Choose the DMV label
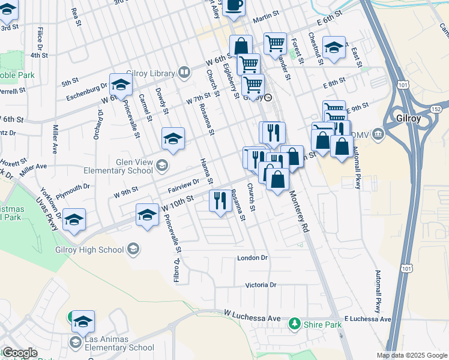(x=362, y=133)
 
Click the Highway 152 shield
(x=436, y=108)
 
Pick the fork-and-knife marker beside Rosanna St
(x=220, y=200)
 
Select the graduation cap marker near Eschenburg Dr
(x=121, y=86)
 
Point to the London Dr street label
(x=252, y=258)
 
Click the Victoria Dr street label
(x=261, y=285)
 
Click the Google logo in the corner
(x=19, y=353)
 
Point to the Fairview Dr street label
(x=184, y=185)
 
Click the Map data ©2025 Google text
(x=412, y=355)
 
